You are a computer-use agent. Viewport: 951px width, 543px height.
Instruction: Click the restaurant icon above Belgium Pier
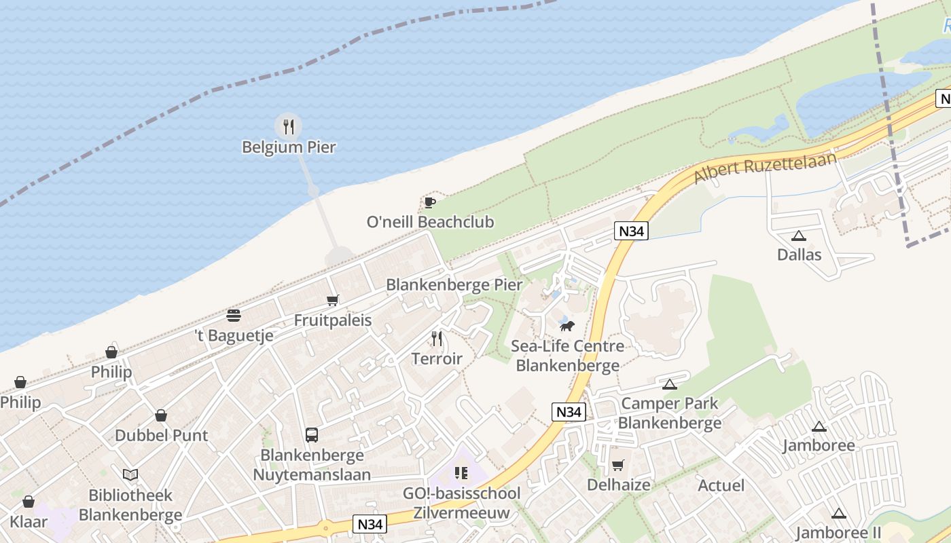point(289,126)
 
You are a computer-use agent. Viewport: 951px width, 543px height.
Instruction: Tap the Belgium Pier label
point(289,147)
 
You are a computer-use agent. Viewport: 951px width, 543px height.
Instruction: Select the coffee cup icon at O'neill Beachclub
point(429,202)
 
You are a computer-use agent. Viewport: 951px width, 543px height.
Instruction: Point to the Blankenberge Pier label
point(454,284)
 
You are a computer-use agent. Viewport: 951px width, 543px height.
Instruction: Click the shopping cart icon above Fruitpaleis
point(332,300)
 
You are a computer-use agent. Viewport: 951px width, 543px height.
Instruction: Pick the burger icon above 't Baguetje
point(234,316)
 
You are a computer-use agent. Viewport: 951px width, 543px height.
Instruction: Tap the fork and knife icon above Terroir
point(437,338)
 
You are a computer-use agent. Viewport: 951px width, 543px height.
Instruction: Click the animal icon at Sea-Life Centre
point(567,326)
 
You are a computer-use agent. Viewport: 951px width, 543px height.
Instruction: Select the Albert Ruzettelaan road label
point(765,163)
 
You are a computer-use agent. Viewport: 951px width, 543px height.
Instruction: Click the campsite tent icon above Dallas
point(799,236)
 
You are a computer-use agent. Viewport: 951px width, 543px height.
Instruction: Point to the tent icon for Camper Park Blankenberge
point(670,384)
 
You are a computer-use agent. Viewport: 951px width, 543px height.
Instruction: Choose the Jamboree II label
point(838,533)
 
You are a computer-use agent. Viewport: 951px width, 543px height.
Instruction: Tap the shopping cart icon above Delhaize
point(618,465)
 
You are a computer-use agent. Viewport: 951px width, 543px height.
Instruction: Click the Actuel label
point(721,486)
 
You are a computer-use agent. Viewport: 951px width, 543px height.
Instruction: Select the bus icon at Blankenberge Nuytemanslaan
point(312,434)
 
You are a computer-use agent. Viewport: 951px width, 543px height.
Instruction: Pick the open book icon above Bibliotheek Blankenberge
point(130,475)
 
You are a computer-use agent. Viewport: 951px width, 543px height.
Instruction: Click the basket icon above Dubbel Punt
point(161,415)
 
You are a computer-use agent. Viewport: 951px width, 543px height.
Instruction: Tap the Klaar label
point(29,521)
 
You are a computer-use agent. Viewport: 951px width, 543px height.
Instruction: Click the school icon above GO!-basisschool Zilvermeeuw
point(462,473)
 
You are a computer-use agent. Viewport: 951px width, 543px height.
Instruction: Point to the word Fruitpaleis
point(333,320)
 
